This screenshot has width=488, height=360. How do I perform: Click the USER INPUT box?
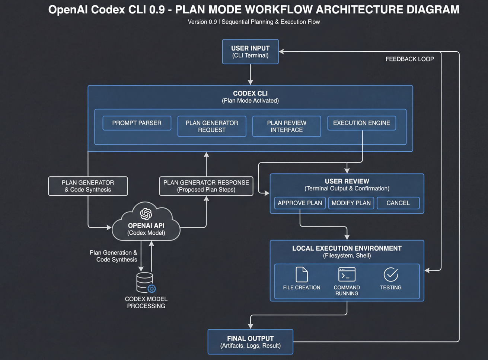pos(250,52)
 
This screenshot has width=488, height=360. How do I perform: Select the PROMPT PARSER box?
pos(137,123)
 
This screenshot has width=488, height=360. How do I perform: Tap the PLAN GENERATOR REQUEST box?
pos(211,126)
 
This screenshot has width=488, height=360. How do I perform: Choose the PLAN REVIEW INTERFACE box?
pos(287,126)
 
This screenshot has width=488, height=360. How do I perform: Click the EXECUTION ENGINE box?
pos(361,123)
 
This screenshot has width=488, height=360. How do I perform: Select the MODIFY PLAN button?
pos(351,203)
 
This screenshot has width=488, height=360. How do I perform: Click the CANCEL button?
pos(398,203)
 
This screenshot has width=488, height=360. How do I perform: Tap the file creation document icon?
pos(302,275)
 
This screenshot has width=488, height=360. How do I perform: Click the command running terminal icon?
pos(347,275)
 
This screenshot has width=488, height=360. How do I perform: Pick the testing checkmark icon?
pos(391,275)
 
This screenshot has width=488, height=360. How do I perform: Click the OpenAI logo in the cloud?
pos(146,214)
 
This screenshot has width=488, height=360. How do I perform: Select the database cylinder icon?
pos(145,283)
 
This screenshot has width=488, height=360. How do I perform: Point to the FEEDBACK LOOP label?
pos(409,59)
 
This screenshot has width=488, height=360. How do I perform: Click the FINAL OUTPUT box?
pos(250,342)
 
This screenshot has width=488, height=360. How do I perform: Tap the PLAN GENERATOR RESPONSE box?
pos(206,186)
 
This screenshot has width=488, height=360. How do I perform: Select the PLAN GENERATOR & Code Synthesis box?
pos(88,186)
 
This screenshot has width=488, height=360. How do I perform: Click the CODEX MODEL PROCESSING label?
pos(146,302)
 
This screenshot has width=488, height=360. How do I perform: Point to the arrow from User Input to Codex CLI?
pos(251,75)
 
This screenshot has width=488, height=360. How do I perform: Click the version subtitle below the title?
pos(253,22)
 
